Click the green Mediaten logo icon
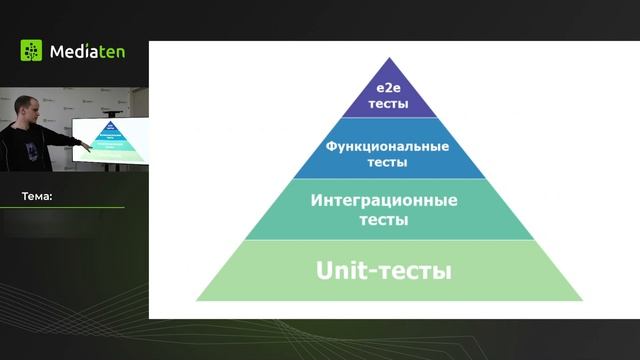coord(32,51)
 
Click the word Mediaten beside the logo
coord(87,51)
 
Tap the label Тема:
coord(37,197)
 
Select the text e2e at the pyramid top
coord(388,90)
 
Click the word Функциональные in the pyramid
coord(388,146)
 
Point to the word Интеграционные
coord(384,200)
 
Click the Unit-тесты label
coord(384,270)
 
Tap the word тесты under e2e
coord(388,104)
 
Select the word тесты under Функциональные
coord(388,161)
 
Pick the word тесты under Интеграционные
coord(384,219)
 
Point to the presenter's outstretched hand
coord(86,148)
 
